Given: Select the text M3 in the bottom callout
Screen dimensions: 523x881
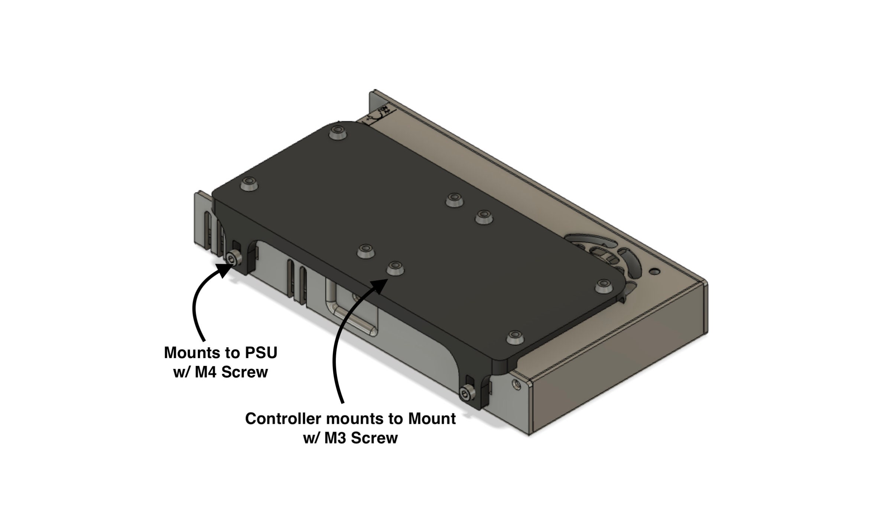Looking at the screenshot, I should (335, 438).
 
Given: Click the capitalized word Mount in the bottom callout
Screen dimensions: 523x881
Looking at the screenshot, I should (432, 419).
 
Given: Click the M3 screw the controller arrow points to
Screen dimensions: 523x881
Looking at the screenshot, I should (395, 267).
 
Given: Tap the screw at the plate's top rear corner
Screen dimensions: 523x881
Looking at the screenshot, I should (338, 132).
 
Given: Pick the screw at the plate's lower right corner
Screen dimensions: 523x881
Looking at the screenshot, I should (514, 337).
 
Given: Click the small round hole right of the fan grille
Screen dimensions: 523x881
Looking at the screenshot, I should (655, 272).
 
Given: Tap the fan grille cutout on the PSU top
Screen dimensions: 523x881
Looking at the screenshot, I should (609, 256).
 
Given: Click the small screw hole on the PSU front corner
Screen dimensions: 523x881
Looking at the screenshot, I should (516, 384).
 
